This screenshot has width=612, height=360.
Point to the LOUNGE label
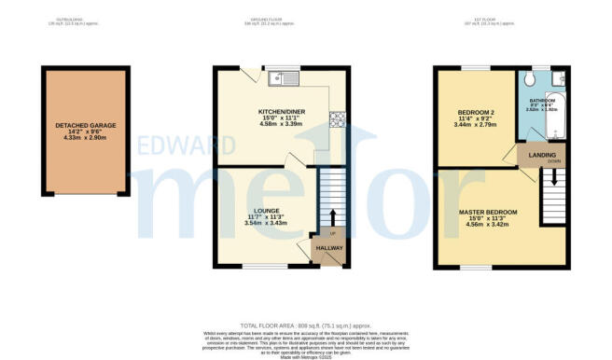pyautogui.click(x=254, y=211)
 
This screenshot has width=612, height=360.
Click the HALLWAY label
pyautogui.click(x=330, y=249)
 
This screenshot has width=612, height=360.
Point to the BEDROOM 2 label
pyautogui.click(x=476, y=113)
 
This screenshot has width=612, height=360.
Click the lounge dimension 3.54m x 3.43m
pyautogui.click(x=254, y=224)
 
